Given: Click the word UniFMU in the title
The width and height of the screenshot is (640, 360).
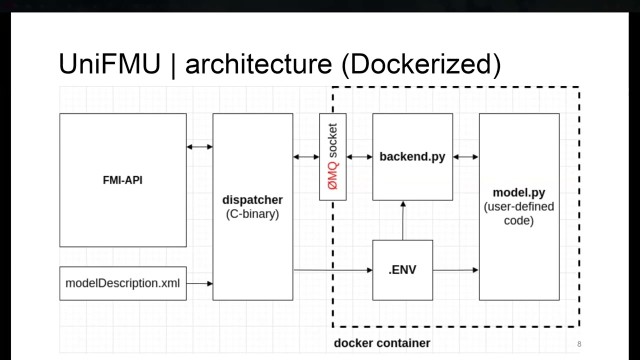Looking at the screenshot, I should coord(109,64).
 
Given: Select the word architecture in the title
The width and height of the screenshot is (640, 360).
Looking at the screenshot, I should coord(258,64).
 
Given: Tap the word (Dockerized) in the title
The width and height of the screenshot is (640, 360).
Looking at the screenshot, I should coord(421,64).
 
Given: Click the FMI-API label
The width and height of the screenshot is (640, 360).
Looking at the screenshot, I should coord(122,180).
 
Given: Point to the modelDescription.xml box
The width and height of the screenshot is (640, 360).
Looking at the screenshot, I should coord(122,283).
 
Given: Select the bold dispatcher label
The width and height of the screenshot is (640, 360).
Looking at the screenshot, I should coord(252,200).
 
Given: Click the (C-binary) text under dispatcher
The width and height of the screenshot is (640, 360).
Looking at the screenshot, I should coord(252,214).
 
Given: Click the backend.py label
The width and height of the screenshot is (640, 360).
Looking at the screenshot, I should coord(412,156).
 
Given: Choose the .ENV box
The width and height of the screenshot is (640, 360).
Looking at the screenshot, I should coord(402,270).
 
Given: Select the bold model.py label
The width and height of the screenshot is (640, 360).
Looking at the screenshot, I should coord(518,192).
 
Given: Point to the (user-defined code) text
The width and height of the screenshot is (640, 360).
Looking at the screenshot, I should coord(518,213).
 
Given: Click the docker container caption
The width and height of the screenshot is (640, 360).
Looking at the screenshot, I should coord(382,343).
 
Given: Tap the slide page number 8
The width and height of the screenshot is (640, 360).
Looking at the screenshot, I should coord(579,344).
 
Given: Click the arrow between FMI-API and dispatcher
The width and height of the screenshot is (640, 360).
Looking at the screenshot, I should coord(199,147).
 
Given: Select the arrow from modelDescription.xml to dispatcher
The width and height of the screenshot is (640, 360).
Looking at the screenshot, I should coord(199,283).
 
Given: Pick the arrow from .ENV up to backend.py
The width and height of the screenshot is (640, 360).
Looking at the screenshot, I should coord(403,220).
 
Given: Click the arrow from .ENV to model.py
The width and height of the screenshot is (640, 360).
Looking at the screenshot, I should coord(455,270).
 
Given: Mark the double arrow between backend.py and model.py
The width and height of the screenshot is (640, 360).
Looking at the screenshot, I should coord(466,157).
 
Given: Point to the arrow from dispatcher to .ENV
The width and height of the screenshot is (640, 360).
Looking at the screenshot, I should coord(332,270).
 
